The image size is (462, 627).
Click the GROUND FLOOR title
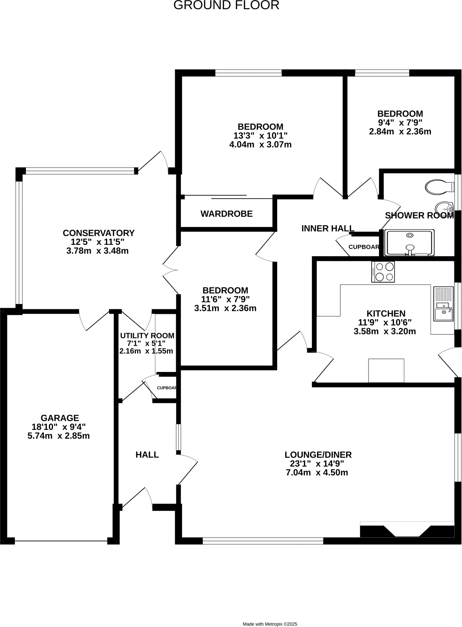[x=226, y=5]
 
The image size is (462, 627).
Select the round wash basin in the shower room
[x=444, y=208]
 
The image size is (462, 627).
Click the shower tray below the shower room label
[x=409, y=243]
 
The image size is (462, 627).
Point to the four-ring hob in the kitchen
[x=383, y=272]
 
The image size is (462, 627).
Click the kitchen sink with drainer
[x=443, y=304]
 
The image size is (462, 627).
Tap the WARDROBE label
[x=226, y=214]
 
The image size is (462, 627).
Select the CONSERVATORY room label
[x=99, y=233]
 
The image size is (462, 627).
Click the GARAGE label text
[x=60, y=418]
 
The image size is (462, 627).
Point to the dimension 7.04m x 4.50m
[x=317, y=472]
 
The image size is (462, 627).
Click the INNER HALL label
[x=328, y=228]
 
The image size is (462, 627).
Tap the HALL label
[x=147, y=455]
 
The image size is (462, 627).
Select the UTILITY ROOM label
[x=147, y=336]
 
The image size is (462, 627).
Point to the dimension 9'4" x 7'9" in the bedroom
[x=400, y=123]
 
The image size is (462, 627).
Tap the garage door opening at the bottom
[x=61, y=541]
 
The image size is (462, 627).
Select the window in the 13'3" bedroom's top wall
[x=248, y=73]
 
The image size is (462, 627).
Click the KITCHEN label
[x=386, y=313]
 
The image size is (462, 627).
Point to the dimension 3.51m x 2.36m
[x=225, y=308]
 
